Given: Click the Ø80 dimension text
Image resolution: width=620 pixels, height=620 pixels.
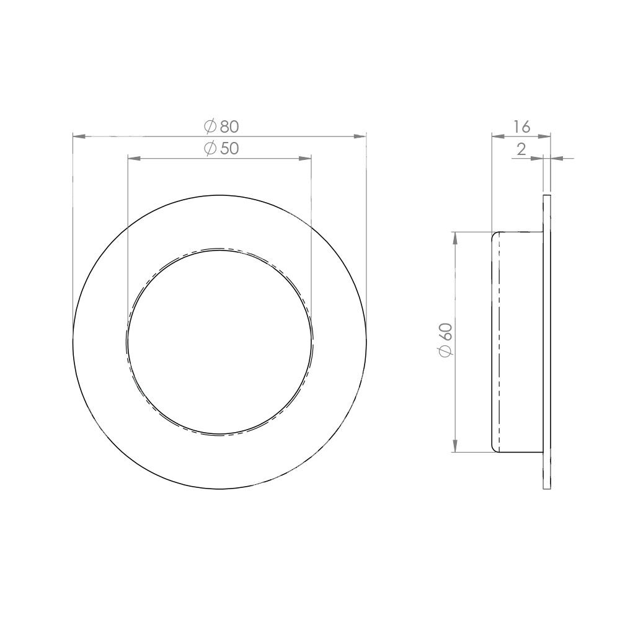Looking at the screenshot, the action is pos(221,126).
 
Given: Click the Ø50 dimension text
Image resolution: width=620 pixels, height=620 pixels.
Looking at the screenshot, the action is pos(221,149).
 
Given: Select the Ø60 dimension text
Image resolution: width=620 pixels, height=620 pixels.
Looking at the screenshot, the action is pos(446,340).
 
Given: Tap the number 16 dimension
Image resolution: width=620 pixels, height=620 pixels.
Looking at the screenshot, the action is pos(521,127).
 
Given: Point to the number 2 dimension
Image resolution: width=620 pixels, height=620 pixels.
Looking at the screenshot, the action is pos(521,149).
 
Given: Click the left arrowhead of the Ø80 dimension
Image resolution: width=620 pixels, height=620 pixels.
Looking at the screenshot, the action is pos(79,136).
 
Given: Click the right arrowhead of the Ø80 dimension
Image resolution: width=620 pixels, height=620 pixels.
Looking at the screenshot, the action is pos(360,136).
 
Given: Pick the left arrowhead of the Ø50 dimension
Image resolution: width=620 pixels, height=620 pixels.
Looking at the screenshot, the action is pos(134,159).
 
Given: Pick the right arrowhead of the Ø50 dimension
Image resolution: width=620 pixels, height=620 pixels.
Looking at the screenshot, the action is pos(305,159).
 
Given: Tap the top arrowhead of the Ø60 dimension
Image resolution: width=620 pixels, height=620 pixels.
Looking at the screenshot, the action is pos(455,238).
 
